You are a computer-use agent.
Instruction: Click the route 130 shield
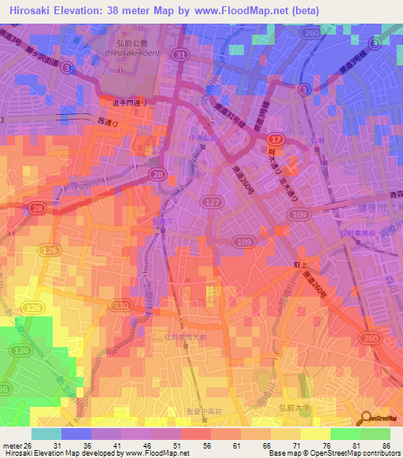120,305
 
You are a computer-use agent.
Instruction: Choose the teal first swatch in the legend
46,434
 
